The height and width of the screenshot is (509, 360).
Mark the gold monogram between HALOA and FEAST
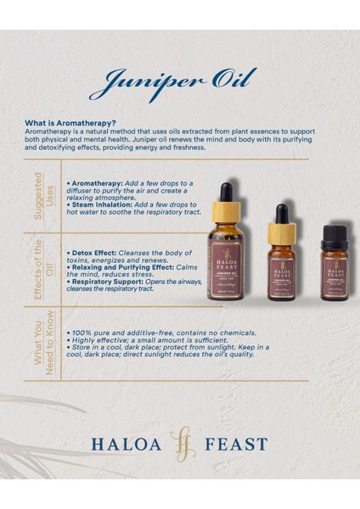pos(180,444)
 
